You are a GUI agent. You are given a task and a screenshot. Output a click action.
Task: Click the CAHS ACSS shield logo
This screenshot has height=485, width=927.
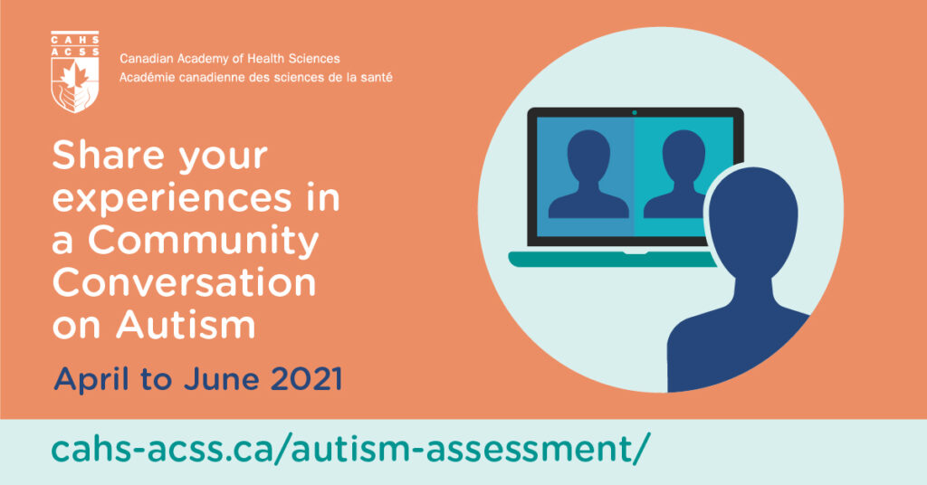coord(74,71)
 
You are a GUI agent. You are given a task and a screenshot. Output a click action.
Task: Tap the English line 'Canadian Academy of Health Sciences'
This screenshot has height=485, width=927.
coord(229,59)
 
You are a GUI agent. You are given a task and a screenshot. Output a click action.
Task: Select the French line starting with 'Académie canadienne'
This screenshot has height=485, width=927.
coord(256,78)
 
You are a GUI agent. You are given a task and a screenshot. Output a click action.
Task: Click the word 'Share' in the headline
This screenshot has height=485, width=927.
coord(109,155)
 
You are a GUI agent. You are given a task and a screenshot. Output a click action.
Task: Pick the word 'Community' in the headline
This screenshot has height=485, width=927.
coord(204,241)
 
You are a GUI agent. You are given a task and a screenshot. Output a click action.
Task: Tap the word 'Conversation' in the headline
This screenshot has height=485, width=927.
coord(185,283)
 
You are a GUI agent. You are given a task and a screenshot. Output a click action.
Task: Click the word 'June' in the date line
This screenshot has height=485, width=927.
coord(221,379)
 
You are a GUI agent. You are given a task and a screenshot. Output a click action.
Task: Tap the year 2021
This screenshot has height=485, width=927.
coord(306,379)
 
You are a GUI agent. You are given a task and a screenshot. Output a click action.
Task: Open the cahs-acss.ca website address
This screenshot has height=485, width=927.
coord(350,449)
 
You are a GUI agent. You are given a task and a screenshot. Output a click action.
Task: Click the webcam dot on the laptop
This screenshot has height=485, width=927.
coord(635,112)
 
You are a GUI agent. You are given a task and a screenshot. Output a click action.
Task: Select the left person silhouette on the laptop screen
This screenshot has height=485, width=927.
coord(588,174)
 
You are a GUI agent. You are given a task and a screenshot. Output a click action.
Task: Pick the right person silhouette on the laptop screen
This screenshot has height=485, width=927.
coord(676,174)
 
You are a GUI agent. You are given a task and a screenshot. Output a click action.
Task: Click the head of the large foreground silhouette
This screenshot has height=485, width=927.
coord(754,220)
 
